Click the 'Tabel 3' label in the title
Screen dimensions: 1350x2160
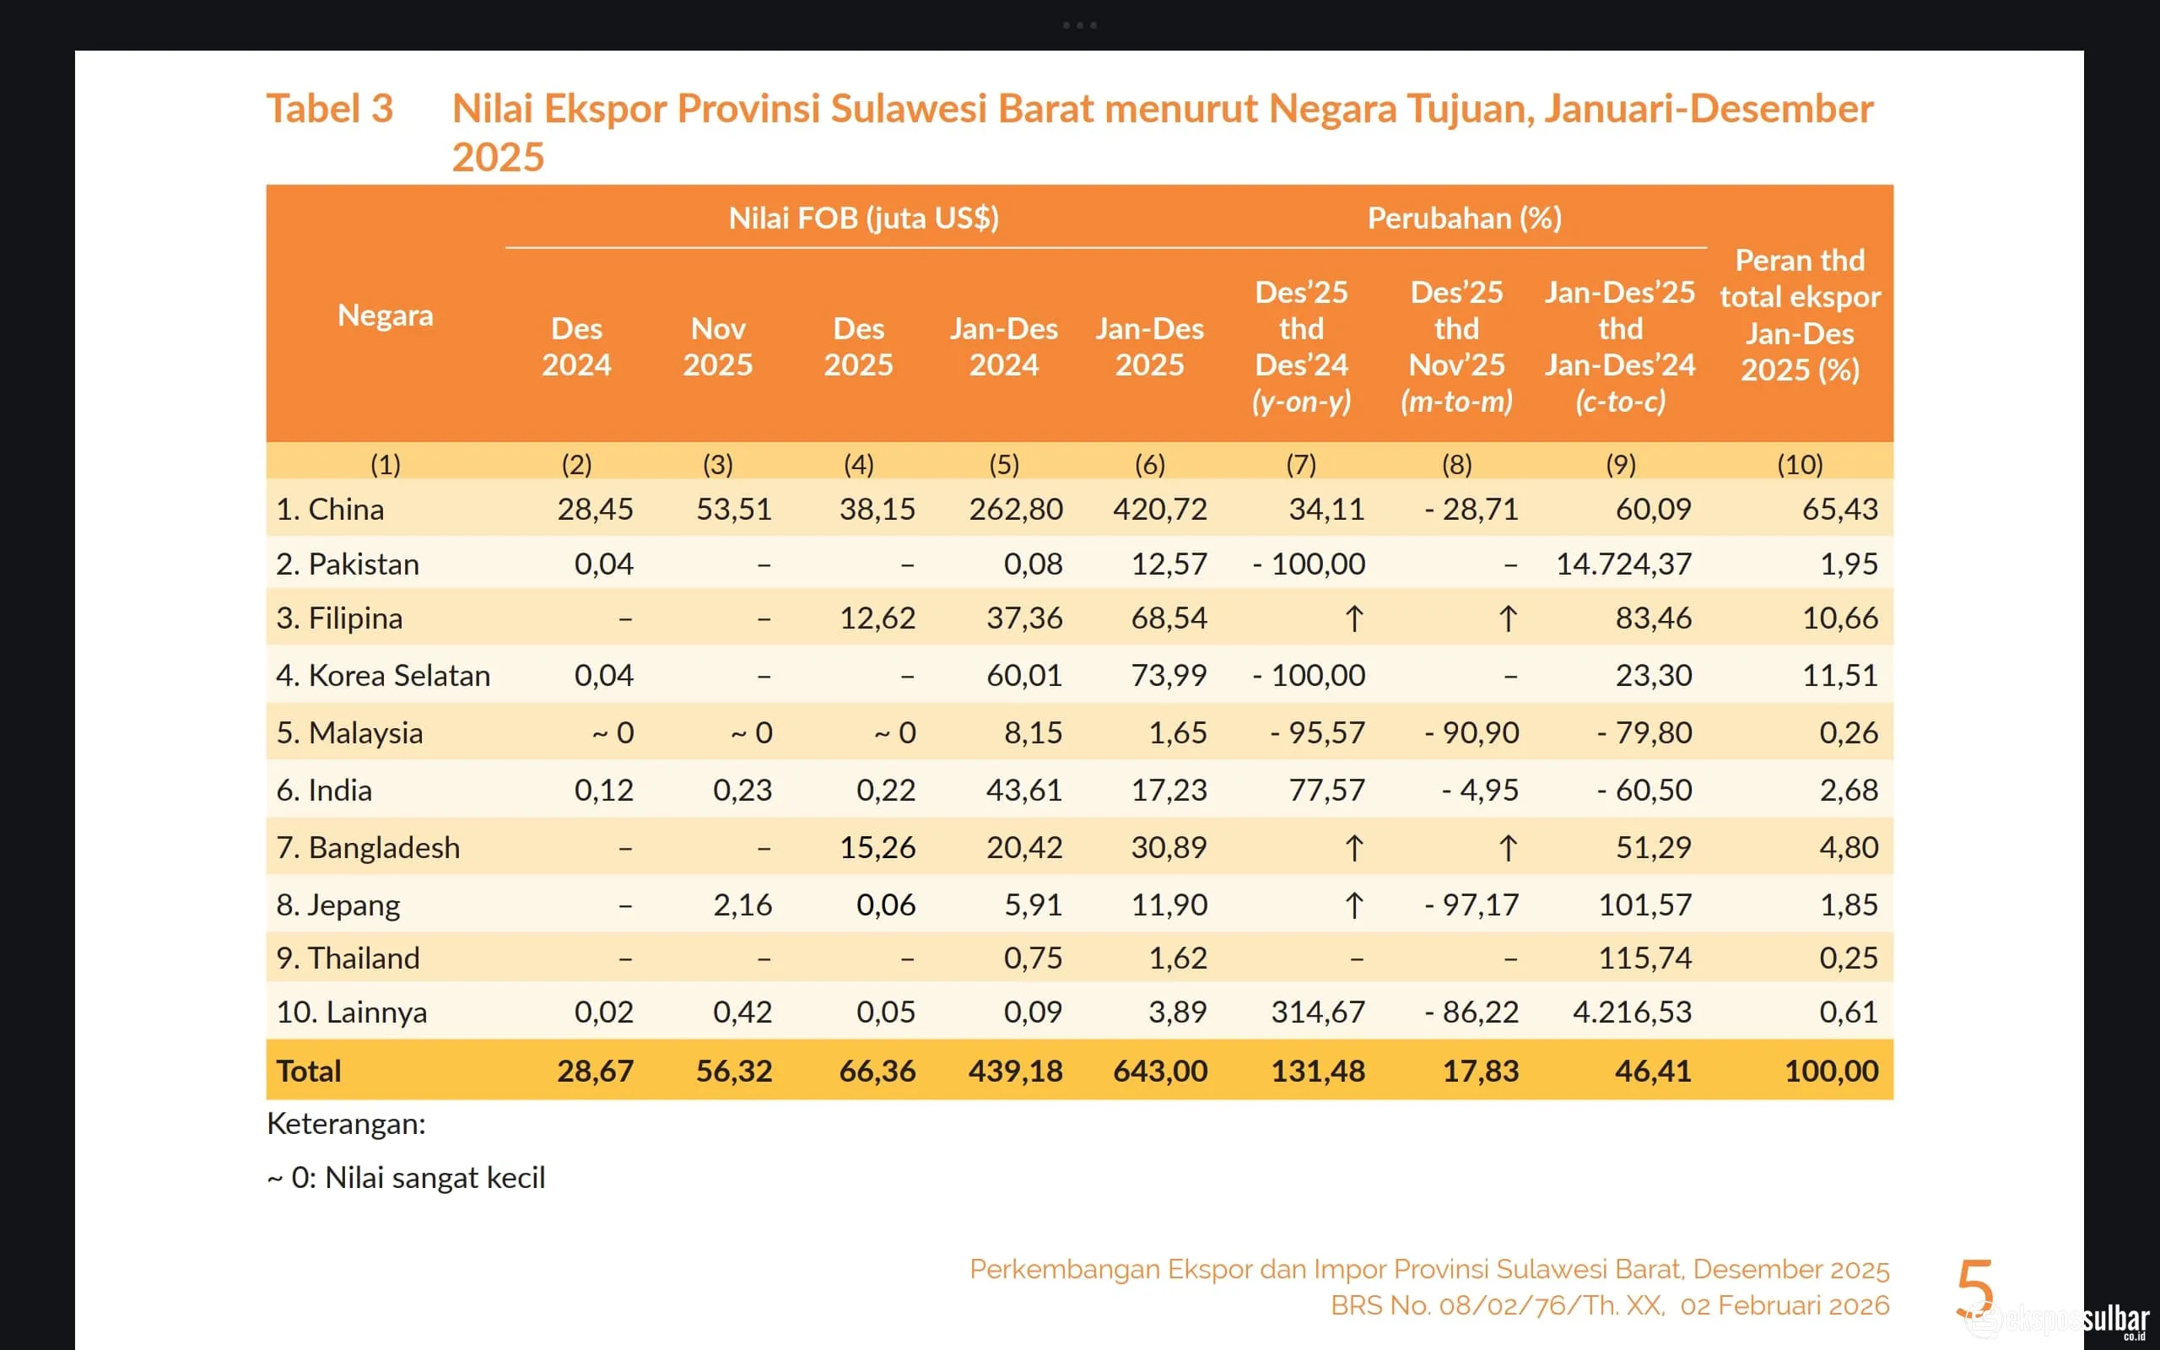click(329, 109)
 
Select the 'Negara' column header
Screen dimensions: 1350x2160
click(385, 316)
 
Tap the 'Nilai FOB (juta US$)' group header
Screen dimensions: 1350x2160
click(863, 218)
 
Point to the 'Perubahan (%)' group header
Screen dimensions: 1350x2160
click(1464, 218)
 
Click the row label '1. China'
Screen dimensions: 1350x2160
click(329, 509)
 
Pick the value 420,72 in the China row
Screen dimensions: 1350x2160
click(1159, 509)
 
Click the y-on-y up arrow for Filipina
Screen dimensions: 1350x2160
click(1353, 618)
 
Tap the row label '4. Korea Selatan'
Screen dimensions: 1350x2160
click(383, 675)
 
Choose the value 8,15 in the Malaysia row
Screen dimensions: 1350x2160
click(1033, 733)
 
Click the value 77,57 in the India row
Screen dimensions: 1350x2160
click(1326, 791)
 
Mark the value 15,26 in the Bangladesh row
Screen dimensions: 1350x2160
click(877, 847)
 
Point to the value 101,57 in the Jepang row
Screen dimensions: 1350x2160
click(1644, 904)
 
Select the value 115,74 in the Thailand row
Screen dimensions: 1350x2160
click(1644, 958)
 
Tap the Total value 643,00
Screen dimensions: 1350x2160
click(1159, 1071)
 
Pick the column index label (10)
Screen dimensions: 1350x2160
click(1799, 464)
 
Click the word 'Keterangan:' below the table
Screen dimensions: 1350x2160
click(346, 1123)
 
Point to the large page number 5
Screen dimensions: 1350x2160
click(1974, 1287)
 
